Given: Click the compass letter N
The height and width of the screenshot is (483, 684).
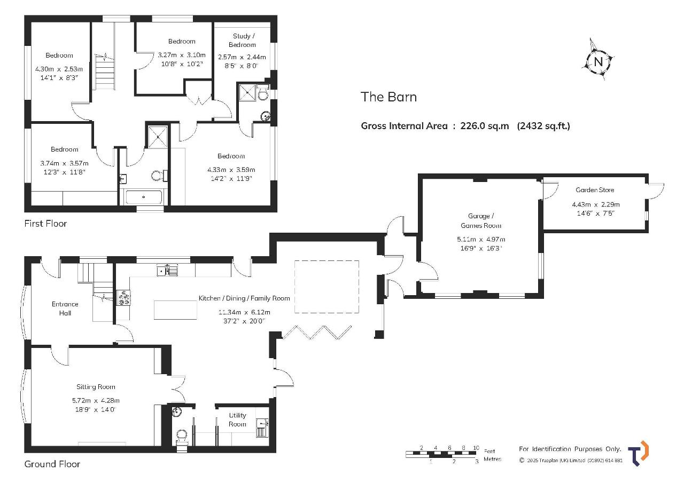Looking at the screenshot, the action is tap(598, 62).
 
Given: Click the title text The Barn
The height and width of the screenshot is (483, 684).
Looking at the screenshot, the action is tap(388, 97).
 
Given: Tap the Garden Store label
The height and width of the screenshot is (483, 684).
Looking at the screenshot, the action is tap(595, 189).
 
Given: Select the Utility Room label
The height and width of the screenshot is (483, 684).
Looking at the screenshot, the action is tap(237, 419).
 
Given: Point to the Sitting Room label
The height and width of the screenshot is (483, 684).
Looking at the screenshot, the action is tap(96, 386).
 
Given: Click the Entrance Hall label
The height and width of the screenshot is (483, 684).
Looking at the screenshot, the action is tap(65, 308).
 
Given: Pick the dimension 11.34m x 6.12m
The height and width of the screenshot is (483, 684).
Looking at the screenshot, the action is tap(244, 312).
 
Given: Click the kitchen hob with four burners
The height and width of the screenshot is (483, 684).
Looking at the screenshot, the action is tap(123, 298).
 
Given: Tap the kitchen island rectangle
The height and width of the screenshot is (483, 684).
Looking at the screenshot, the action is tap(175, 310).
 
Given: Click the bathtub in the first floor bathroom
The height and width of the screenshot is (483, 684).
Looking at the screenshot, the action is tap(144, 197).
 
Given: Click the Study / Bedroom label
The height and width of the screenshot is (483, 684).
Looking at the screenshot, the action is tap(243, 40).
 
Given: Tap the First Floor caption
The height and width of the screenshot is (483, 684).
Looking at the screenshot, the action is tap(45, 224).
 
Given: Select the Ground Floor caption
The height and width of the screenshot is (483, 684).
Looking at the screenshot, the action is tap(52, 464).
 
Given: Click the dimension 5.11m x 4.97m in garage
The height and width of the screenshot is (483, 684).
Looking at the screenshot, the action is tap(481, 239).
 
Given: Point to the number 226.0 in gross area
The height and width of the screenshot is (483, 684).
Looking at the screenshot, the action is tap(472, 125).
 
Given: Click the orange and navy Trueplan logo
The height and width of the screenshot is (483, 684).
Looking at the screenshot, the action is tap(638, 453).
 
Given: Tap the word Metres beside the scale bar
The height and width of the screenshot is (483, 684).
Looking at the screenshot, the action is tap(492, 459).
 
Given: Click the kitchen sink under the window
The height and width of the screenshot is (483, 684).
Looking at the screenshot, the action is tap(167, 271).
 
